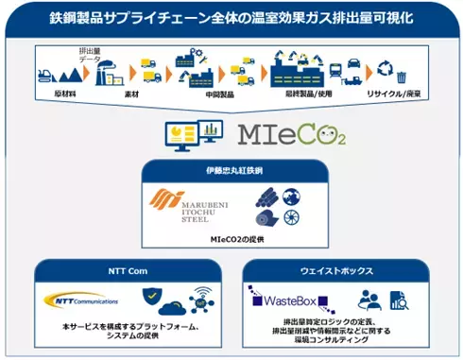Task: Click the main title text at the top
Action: tap(231, 18)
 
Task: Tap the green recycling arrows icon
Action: tap(384, 68)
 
